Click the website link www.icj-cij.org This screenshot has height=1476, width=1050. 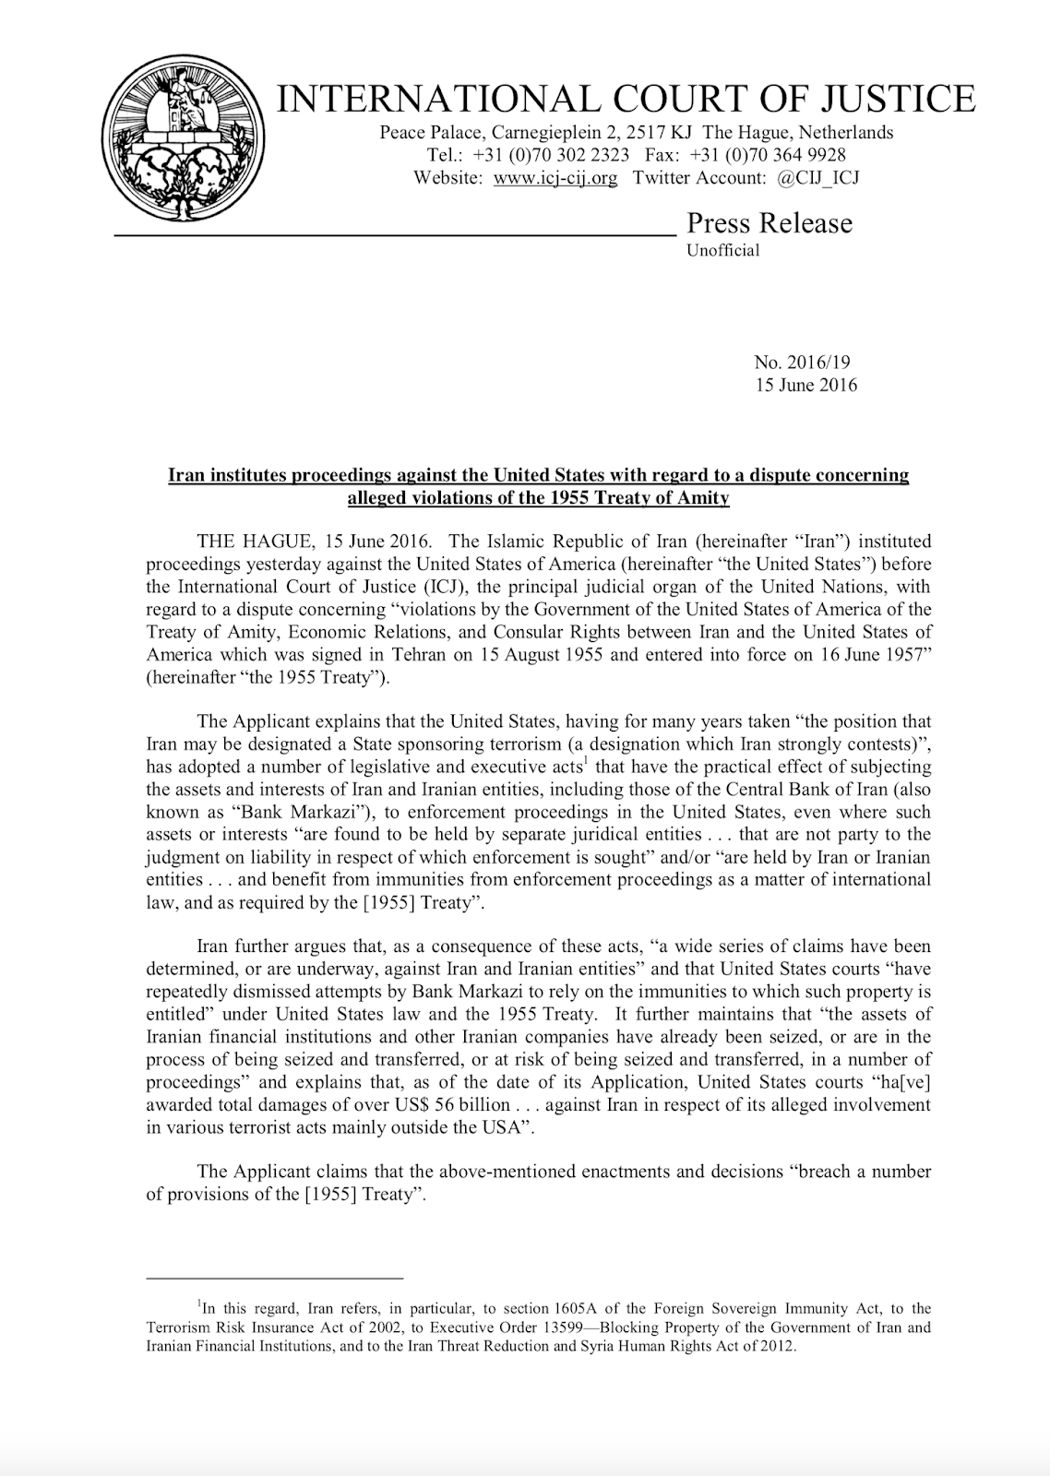[x=555, y=178]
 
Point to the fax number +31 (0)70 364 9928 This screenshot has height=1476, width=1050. [x=767, y=155]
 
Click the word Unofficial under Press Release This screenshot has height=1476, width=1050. [x=722, y=250]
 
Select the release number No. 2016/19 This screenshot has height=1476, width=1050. [x=795, y=363]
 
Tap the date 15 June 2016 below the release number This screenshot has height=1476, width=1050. [x=805, y=385]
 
